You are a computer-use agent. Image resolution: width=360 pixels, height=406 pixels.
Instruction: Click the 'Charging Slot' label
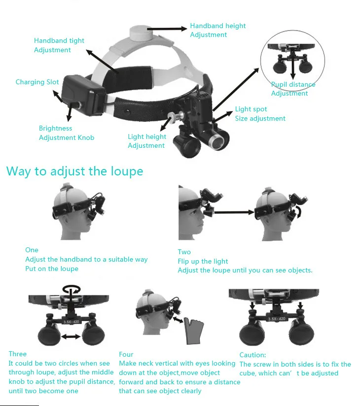pyautogui.click(x=37, y=82)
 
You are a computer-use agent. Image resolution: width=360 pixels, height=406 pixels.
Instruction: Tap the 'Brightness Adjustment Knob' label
pyautogui.click(x=67, y=133)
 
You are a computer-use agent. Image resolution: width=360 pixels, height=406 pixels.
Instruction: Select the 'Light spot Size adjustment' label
pyautogui.click(x=260, y=114)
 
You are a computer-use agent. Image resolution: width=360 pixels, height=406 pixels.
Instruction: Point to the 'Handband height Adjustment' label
pyautogui.click(x=217, y=30)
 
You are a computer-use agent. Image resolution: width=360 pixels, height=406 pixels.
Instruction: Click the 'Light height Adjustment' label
pyautogui.click(x=146, y=141)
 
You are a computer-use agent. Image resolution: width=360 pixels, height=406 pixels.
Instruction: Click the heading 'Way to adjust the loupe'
pyautogui.click(x=74, y=171)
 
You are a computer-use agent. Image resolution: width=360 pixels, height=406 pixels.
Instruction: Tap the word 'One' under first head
pyautogui.click(x=32, y=250)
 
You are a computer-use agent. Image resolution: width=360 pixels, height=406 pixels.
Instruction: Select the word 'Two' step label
pyautogui.click(x=184, y=252)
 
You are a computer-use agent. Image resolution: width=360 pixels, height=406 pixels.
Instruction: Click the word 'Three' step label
pyautogui.click(x=18, y=354)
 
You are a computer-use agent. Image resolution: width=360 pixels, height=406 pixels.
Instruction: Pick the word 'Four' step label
pyautogui.click(x=126, y=354)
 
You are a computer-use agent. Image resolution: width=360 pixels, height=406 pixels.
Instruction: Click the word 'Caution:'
pyautogui.click(x=252, y=355)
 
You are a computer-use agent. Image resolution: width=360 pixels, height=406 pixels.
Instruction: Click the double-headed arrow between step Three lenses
pyautogui.click(x=72, y=337)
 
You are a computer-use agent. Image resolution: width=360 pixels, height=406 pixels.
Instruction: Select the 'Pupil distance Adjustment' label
pyautogui.click(x=293, y=89)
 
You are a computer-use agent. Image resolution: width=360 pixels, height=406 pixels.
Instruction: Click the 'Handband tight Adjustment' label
pyautogui.click(x=59, y=45)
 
